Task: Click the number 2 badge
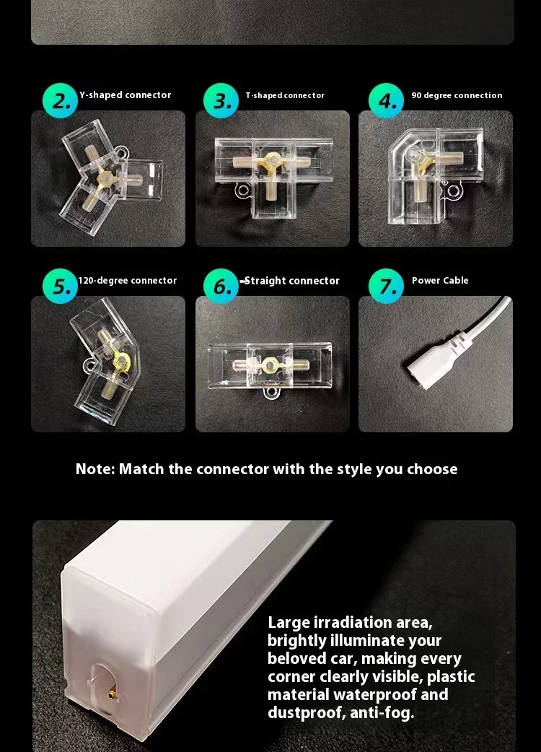[x=60, y=101]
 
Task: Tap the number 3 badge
[x=221, y=101]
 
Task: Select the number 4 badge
[x=386, y=101]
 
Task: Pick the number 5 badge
[x=60, y=287]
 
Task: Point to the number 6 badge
[x=221, y=287]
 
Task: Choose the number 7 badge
[x=386, y=287]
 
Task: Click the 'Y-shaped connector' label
[x=125, y=95]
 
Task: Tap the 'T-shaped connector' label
[x=285, y=95]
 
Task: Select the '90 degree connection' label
[x=457, y=95]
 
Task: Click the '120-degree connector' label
[x=128, y=281]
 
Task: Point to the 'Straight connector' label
[x=292, y=281]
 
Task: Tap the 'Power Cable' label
[x=440, y=280]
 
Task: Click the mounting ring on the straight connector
[x=270, y=393]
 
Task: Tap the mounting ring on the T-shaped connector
[x=242, y=191]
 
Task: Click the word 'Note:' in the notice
[x=95, y=468]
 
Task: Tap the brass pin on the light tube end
[x=111, y=693]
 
